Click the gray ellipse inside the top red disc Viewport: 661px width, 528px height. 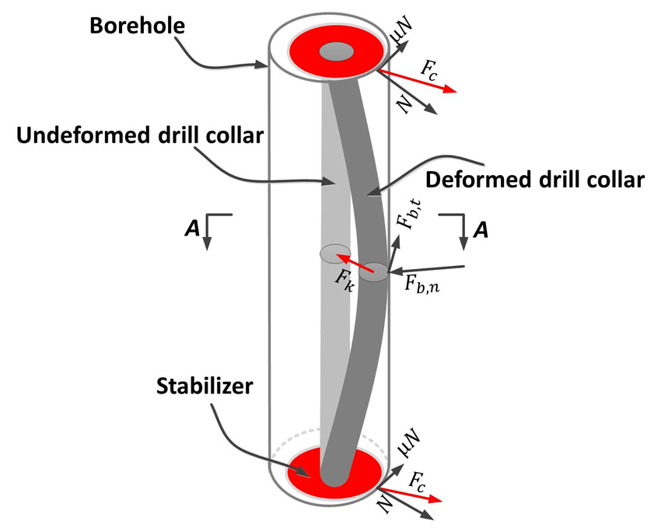[337, 52]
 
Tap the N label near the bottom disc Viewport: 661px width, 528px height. [383, 505]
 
